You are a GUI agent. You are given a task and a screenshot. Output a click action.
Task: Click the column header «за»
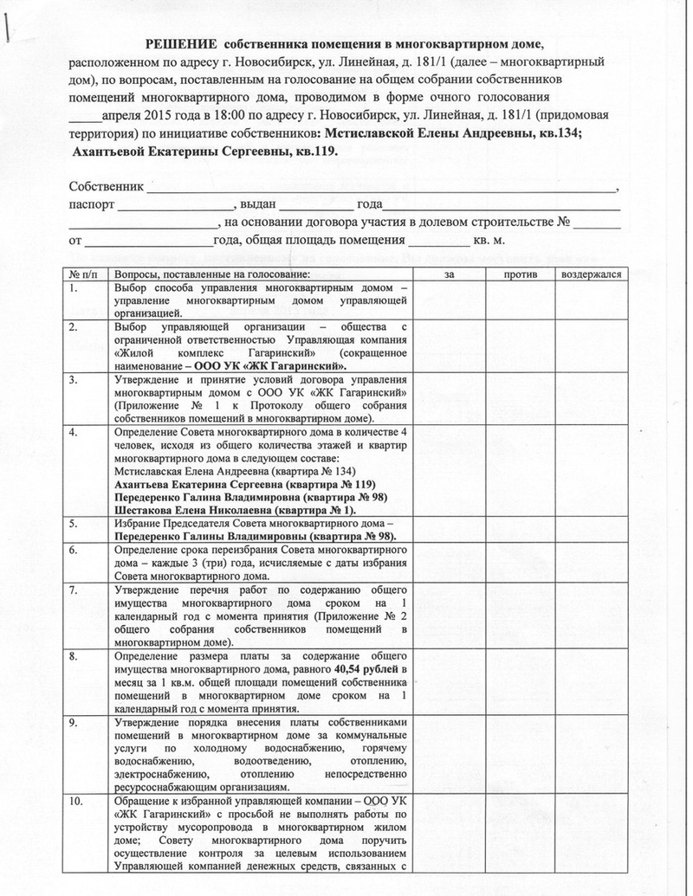[x=450, y=274]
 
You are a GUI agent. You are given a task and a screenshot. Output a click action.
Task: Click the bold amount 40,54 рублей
[x=366, y=669]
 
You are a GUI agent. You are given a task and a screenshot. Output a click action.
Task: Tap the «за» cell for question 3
[x=450, y=398]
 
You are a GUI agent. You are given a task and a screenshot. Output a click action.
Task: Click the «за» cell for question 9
[x=450, y=754]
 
